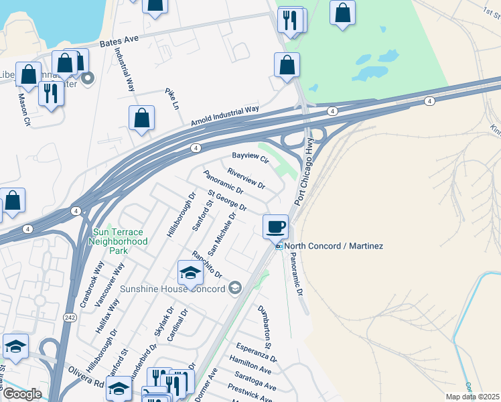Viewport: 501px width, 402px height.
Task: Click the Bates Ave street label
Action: pyautogui.click(x=119, y=40)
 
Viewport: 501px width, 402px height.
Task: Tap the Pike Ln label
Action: pyautogui.click(x=172, y=98)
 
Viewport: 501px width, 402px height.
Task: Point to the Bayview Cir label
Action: pyautogui.click(x=250, y=159)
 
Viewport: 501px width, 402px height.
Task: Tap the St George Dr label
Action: pyautogui.click(x=226, y=200)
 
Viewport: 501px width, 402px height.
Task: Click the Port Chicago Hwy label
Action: pyautogui.click(x=303, y=172)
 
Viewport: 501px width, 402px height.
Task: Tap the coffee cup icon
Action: pyautogui.click(x=275, y=226)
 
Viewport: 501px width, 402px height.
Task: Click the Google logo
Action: pyautogui.click(x=22, y=393)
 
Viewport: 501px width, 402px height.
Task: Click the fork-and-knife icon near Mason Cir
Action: pyautogui.click(x=51, y=92)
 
